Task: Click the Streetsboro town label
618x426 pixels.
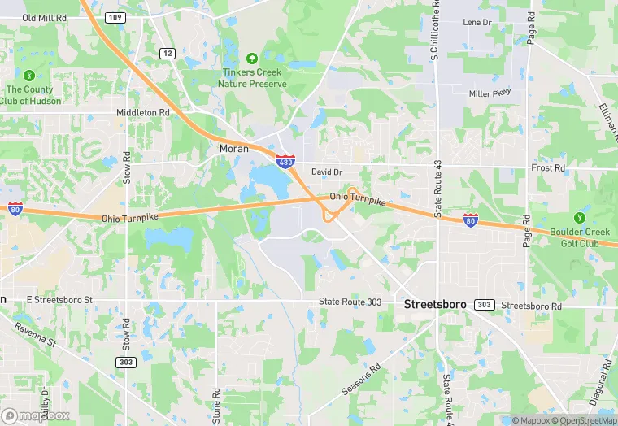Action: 435,304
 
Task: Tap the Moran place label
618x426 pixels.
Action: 234,149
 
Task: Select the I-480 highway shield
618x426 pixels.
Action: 285,161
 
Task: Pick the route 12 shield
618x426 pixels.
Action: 168,53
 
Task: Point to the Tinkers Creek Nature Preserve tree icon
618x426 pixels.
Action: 252,59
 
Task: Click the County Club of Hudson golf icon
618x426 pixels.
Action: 30,76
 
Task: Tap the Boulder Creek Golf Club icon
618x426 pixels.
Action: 579,218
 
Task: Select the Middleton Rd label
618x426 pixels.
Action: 142,112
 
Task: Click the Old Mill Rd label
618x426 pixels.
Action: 46,17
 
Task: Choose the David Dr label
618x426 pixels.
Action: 327,172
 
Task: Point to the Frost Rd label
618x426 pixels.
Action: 547,168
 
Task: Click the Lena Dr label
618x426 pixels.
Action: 477,22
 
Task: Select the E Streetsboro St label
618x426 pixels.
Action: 60,300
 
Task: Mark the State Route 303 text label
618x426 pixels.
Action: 350,302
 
